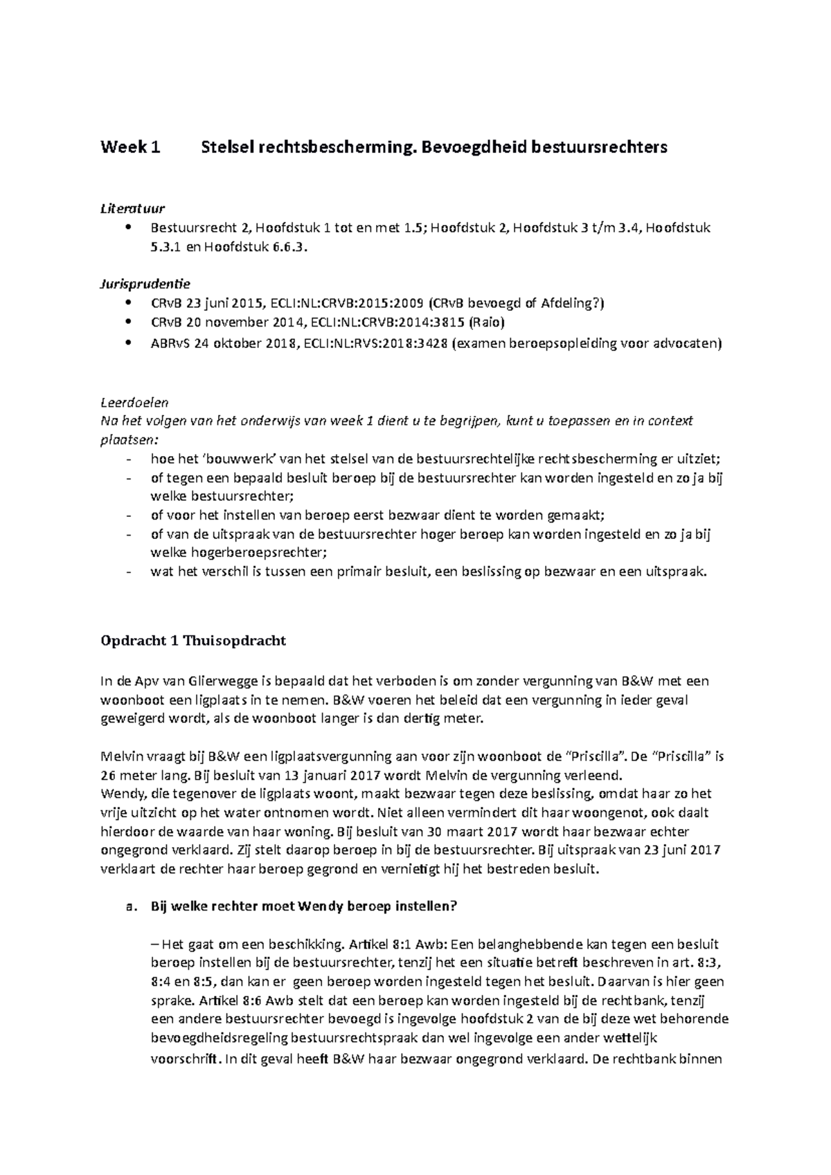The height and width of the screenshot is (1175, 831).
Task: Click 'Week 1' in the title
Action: coord(129,147)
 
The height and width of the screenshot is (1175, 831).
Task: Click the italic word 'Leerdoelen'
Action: coord(134,402)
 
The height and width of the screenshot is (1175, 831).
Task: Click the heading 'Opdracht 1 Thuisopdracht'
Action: coord(193,641)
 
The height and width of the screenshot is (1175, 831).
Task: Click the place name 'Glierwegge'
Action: coord(224,681)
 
